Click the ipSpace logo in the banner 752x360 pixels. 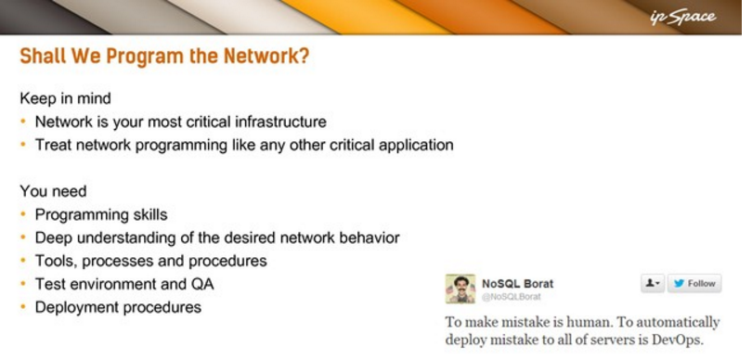pyautogui.click(x=683, y=18)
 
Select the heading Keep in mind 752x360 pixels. pyautogui.click(x=65, y=98)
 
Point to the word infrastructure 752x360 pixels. pyautogui.click(x=280, y=122)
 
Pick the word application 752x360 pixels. pyautogui.click(x=416, y=146)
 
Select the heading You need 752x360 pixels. pyautogui.click(x=53, y=191)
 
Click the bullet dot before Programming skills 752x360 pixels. pyautogui.click(x=23, y=214)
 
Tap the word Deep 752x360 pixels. pyautogui.click(x=53, y=238)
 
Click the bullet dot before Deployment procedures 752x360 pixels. pyautogui.click(x=23, y=307)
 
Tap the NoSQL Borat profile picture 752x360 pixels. pyautogui.click(x=460, y=289)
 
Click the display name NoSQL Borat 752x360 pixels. pyautogui.click(x=517, y=284)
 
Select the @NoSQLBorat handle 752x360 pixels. pyautogui.click(x=512, y=297)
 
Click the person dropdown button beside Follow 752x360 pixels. pyautogui.click(x=653, y=284)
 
